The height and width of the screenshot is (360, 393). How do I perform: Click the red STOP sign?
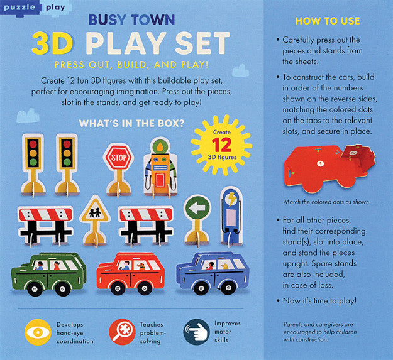click(x=119, y=158)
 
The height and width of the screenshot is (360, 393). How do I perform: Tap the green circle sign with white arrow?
click(x=197, y=208)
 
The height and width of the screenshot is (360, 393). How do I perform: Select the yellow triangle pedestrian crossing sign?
click(x=95, y=210)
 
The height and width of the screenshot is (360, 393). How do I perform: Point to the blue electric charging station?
click(x=231, y=215)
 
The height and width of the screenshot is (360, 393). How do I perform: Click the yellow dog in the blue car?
click(x=224, y=266)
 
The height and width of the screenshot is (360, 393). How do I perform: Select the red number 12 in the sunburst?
click(x=221, y=145)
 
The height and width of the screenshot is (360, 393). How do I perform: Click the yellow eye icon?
click(x=38, y=332)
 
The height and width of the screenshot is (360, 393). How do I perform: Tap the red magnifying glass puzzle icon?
click(x=122, y=332)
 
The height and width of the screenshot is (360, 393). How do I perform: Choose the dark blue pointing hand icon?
click(x=197, y=332)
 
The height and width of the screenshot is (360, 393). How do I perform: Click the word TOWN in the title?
click(x=153, y=19)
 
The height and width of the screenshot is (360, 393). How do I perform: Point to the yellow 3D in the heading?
click(x=52, y=43)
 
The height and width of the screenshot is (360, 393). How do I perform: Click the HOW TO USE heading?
click(x=328, y=21)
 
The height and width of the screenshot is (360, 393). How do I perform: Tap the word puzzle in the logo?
click(x=19, y=7)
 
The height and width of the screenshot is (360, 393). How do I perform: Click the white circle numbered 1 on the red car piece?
click(x=320, y=164)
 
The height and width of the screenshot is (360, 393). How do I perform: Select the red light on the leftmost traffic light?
click(x=33, y=144)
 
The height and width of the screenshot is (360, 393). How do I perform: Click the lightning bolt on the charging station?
click(x=231, y=199)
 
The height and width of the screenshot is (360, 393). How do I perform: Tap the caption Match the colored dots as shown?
click(x=327, y=202)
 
